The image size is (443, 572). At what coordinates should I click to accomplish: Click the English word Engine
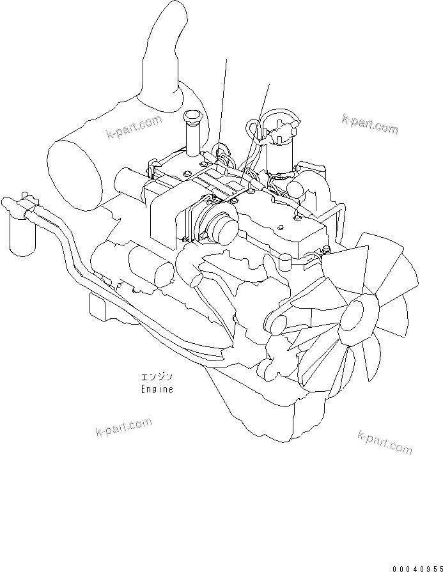[x=157, y=389]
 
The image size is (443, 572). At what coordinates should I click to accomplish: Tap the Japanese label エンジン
[x=157, y=376]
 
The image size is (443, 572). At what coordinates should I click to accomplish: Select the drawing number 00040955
[x=417, y=568]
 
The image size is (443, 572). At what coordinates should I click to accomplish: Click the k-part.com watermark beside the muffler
[x=134, y=128]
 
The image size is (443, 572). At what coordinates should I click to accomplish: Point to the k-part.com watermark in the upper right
[x=370, y=123]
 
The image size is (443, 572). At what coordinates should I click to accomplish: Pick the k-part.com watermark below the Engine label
[x=123, y=427]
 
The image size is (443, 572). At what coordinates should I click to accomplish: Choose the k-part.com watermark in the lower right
[x=385, y=442]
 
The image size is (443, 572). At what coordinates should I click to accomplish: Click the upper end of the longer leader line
[x=226, y=59]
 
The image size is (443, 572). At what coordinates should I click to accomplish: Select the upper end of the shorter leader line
[x=269, y=84]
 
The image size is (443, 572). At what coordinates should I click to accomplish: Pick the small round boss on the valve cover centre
[x=280, y=228]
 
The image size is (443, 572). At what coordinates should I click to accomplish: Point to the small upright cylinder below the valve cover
[x=284, y=263]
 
